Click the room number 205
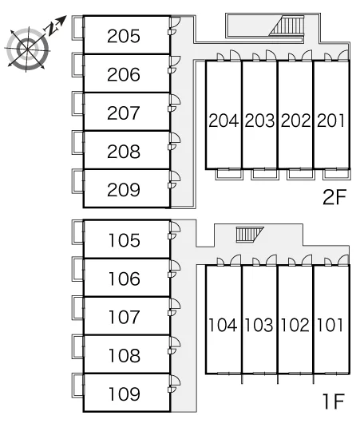pyautogui.click(x=124, y=36)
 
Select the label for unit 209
pyautogui.click(x=124, y=190)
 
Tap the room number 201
pyautogui.click(x=331, y=121)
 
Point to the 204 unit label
pyautogui.click(x=224, y=121)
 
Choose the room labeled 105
pyautogui.click(x=125, y=240)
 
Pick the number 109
pyautogui.click(x=125, y=393)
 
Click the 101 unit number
pyautogui.click(x=330, y=325)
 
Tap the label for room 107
pyautogui.click(x=125, y=317)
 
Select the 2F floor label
pyautogui.click(x=334, y=197)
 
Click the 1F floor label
pyautogui.click(x=334, y=401)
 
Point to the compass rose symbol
pyautogui.click(x=27, y=49)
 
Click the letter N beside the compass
pyautogui.click(x=51, y=28)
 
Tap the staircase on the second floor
pyautogui.click(x=287, y=26)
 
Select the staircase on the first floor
pyautogui.click(x=250, y=235)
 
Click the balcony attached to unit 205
pyautogui.click(x=77, y=28)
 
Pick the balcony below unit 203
pyautogui.click(x=264, y=174)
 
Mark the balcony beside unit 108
pyautogui.click(x=77, y=346)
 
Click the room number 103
pyautogui.click(x=259, y=325)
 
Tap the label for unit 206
pyautogui.click(x=124, y=74)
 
